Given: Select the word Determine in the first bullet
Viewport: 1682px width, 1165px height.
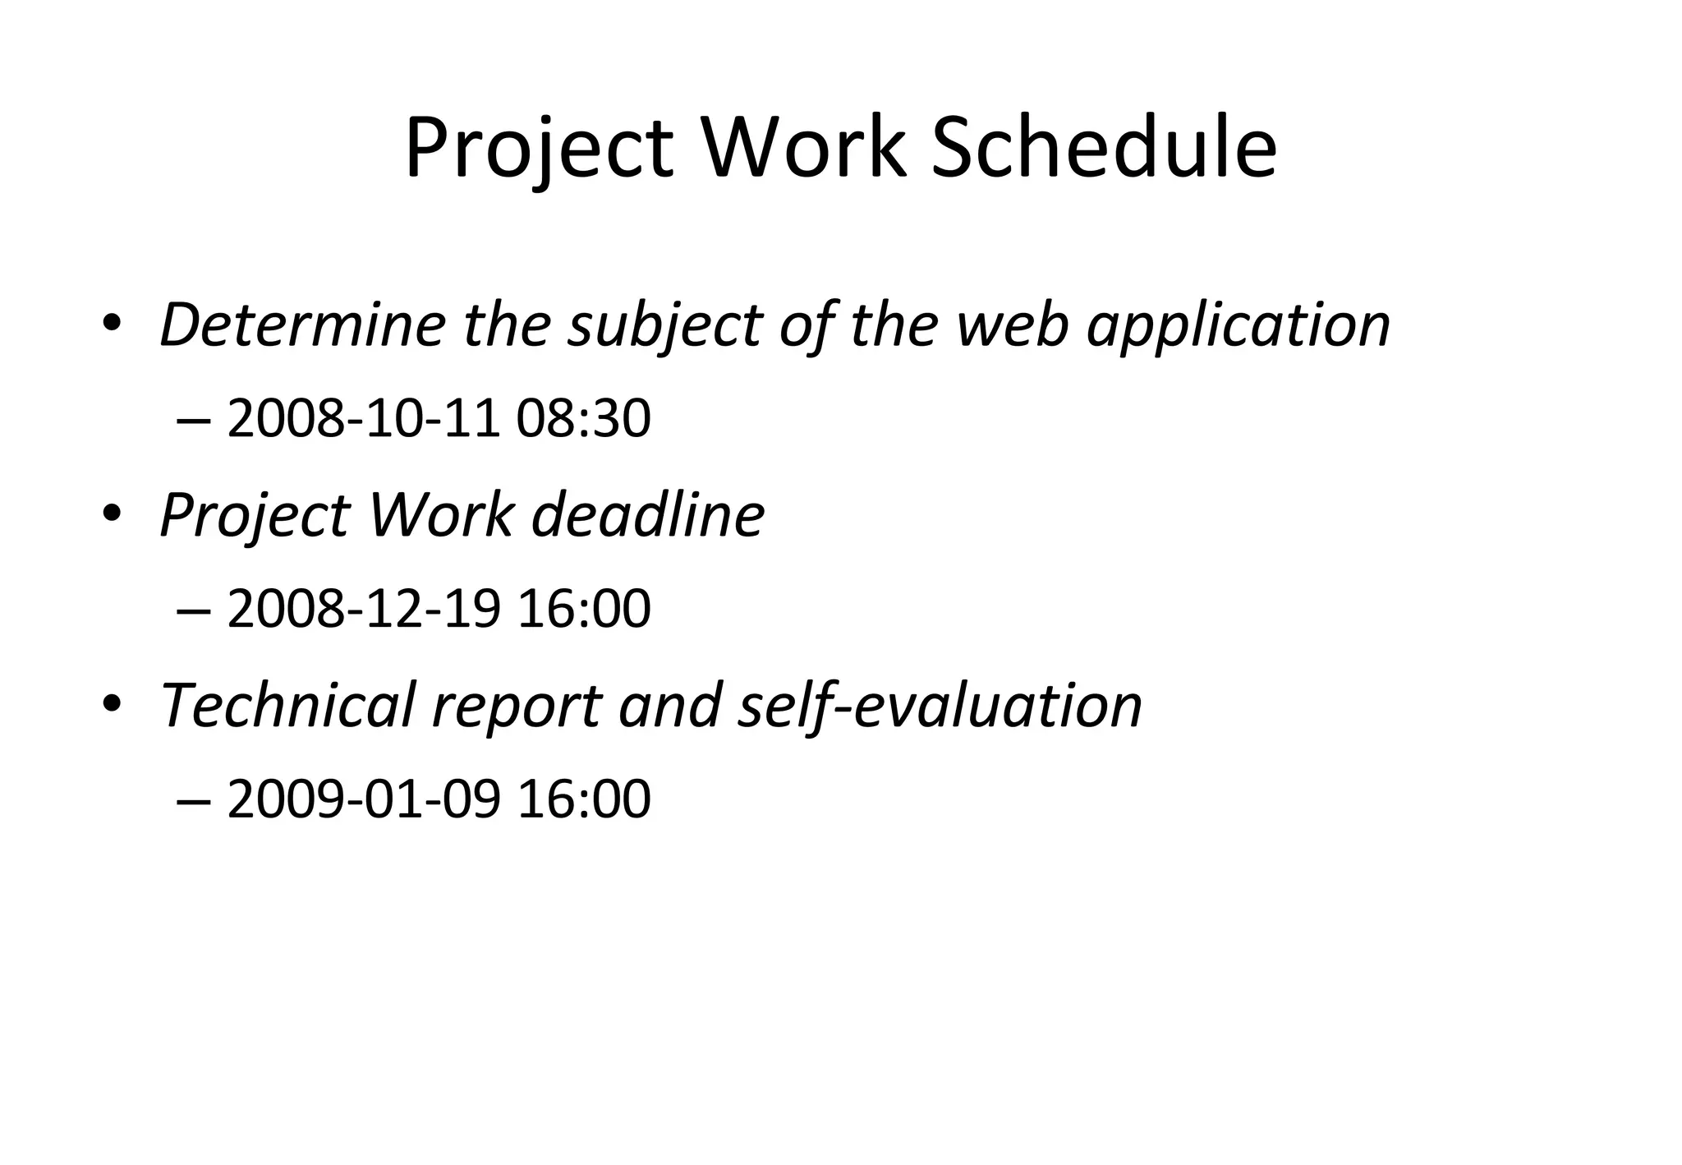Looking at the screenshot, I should (302, 325).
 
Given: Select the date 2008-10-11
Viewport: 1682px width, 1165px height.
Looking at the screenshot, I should (363, 418).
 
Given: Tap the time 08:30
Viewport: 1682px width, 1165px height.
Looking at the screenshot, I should (583, 418).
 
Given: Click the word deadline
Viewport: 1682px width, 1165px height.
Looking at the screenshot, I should (648, 515).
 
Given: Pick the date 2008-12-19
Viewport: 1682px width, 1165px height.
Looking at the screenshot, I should (363, 609).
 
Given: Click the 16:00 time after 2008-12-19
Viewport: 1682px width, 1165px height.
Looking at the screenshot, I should (583, 609).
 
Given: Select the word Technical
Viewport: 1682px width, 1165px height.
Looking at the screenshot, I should (287, 705).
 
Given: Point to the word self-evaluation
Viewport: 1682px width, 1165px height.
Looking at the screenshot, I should (940, 705).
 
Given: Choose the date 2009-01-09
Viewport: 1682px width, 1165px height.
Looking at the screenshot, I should (363, 799).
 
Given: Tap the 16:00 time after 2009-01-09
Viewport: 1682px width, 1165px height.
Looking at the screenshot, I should (583, 799).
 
